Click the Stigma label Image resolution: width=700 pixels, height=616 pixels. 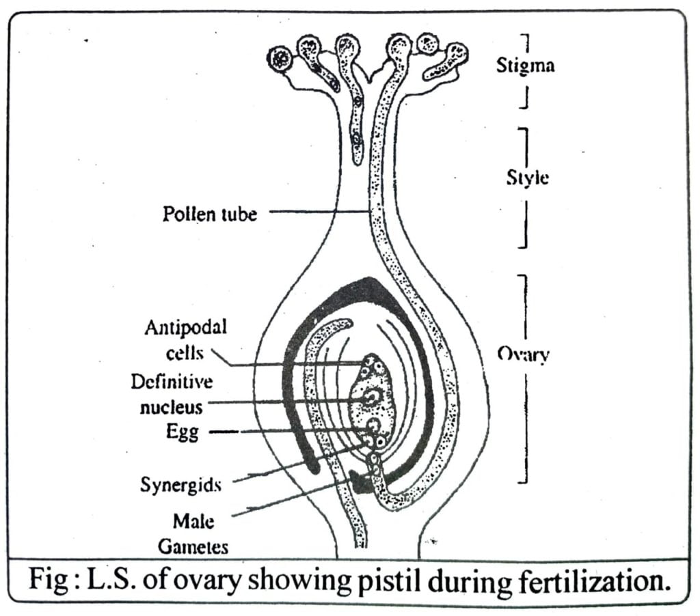pos(525,67)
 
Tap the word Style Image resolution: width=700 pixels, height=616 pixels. pos(527,180)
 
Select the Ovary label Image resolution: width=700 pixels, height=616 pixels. pos(524,356)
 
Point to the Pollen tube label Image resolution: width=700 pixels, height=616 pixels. pos(210,214)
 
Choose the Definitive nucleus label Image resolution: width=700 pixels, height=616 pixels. pos(172,394)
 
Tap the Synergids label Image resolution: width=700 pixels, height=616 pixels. pos(180,484)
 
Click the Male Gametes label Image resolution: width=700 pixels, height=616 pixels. pos(193,533)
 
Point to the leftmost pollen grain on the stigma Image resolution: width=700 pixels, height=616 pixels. pos(279,59)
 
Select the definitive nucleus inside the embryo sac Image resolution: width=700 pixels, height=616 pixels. pos(372,397)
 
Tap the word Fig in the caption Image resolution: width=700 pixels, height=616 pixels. pos(52,581)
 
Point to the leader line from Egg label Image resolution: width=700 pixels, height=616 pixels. pos(287,430)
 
